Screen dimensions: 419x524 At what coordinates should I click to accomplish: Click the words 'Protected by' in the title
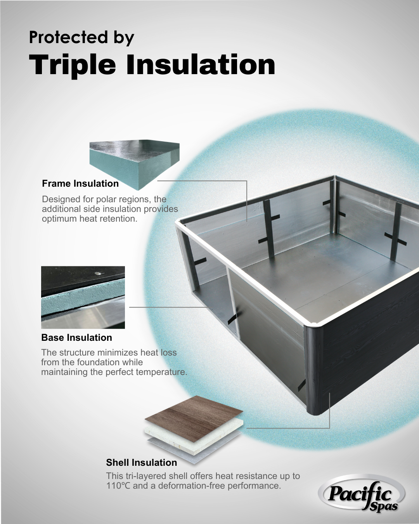[x=81, y=38]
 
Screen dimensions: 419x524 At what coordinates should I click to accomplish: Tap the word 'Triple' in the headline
[x=72, y=65]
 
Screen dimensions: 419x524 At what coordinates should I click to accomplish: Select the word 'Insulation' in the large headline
[x=201, y=64]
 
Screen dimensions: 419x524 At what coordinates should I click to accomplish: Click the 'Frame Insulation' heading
[x=80, y=184]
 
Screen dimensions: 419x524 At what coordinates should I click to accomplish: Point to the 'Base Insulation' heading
[x=77, y=338]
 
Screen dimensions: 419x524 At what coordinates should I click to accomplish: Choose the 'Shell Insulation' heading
[x=142, y=463]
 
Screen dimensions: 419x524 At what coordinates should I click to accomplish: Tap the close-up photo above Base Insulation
[x=83, y=297]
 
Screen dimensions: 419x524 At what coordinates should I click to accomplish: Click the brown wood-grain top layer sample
[x=194, y=418]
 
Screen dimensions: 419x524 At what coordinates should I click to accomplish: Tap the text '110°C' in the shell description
[x=118, y=486]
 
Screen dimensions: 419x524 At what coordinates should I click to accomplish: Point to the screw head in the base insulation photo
[x=99, y=274]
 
